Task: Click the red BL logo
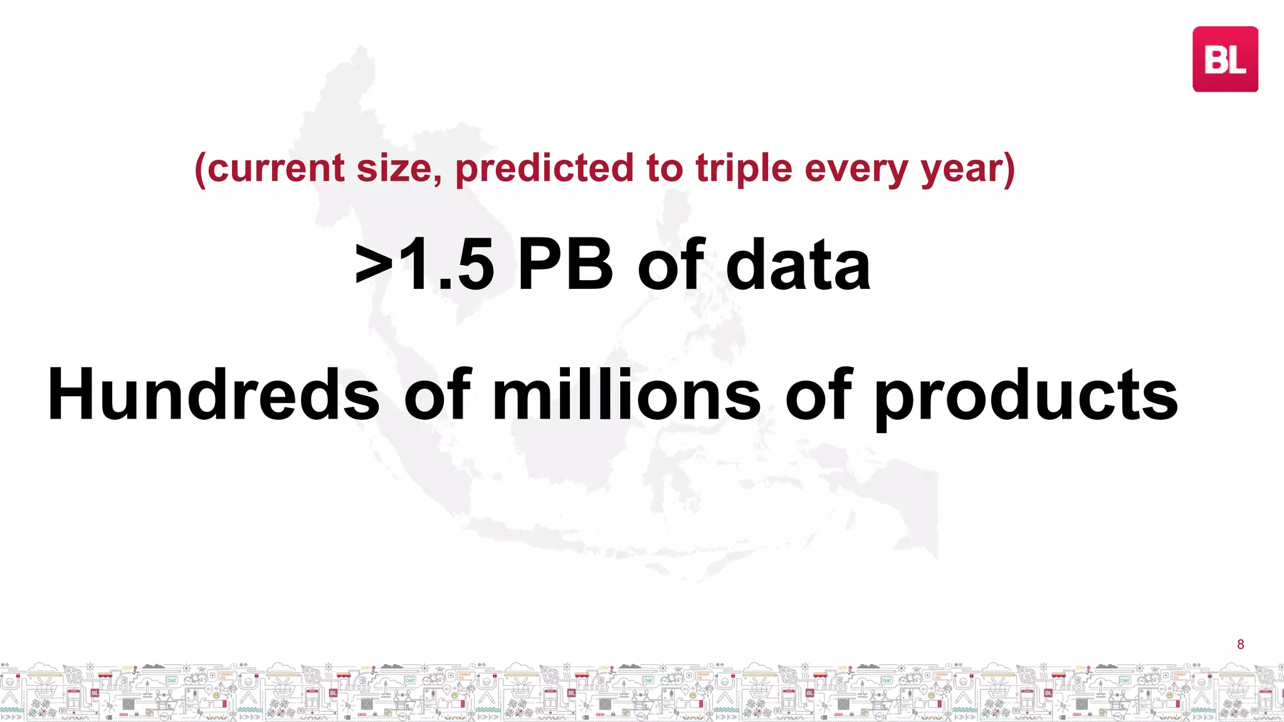click(x=1224, y=59)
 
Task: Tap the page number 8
click(x=1240, y=644)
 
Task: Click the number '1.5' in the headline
click(x=446, y=266)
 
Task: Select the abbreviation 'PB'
click(x=564, y=266)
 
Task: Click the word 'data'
click(x=797, y=266)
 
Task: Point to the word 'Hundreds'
click(x=213, y=395)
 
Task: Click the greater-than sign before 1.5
click(x=374, y=267)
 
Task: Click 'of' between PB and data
click(x=671, y=266)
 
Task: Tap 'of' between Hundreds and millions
click(x=437, y=395)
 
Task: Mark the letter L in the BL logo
click(x=1237, y=61)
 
